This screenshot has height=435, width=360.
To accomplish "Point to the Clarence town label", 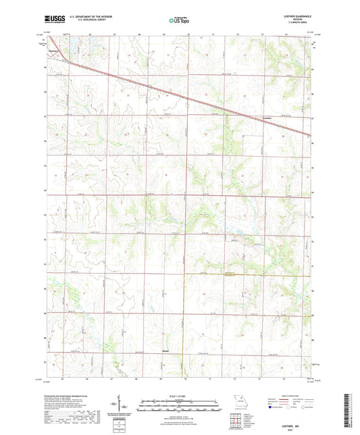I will [x=53, y=50].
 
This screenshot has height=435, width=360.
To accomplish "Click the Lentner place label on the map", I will [x=266, y=118].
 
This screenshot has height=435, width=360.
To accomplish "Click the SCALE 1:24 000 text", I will [x=180, y=396].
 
